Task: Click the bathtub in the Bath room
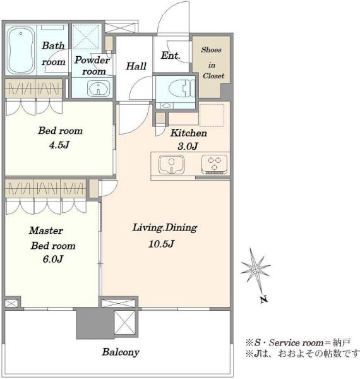pyautogui.click(x=20, y=50)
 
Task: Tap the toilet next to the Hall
pyautogui.click(x=182, y=88)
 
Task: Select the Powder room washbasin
pyautogui.click(x=99, y=88)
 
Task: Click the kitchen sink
pyautogui.click(x=171, y=164)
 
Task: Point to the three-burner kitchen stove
pyautogui.click(x=214, y=164)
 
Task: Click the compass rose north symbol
pyautogui.click(x=255, y=269)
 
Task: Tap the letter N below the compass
pyautogui.click(x=264, y=299)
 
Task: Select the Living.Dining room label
pyautogui.click(x=165, y=227)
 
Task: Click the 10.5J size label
pyautogui.click(x=161, y=244)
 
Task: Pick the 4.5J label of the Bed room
pyautogui.click(x=59, y=145)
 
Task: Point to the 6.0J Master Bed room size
pyautogui.click(x=52, y=259)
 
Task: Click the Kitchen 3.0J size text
pyautogui.click(x=188, y=147)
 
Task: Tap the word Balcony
pyautogui.click(x=121, y=352)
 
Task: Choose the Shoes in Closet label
pyautogui.click(x=212, y=63)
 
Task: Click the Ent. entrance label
pyautogui.click(x=171, y=56)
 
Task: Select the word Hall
pyautogui.click(x=136, y=66)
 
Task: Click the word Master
pyautogui.click(x=46, y=231)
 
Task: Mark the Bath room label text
pyautogui.click(x=54, y=54)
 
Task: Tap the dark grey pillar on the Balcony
pyautogui.click(x=95, y=323)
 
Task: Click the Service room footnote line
pyautogui.click(x=297, y=342)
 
